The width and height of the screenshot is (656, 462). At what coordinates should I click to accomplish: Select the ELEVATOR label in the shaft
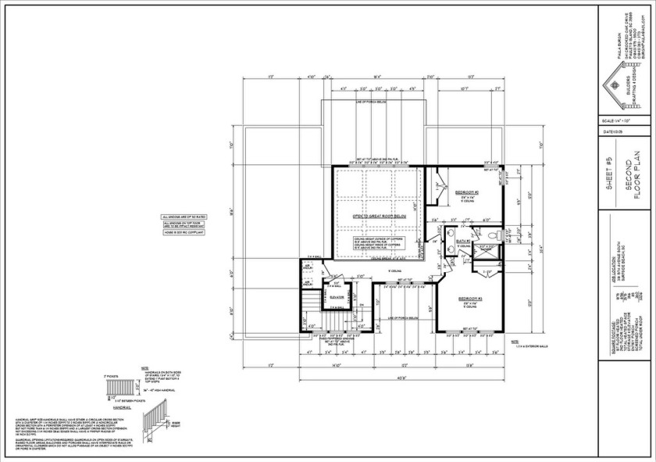tap(337, 297)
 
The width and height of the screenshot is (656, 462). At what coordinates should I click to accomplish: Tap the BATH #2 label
tap(462, 241)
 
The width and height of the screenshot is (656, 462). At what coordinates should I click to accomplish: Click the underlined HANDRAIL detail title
tap(121, 408)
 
